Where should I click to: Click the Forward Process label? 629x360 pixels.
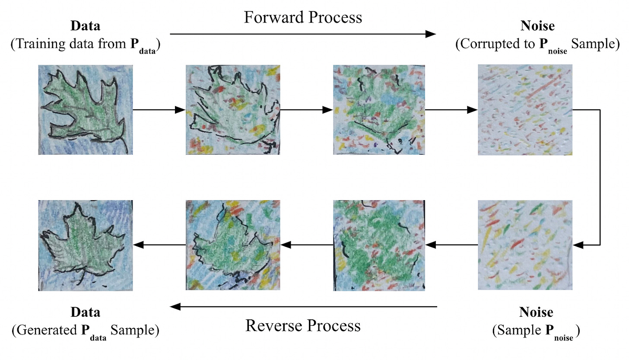click(x=302, y=17)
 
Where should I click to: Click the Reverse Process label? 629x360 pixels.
click(x=303, y=325)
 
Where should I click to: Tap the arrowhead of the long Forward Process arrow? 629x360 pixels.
click(x=431, y=34)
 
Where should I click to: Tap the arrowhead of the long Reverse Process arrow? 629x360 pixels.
click(x=175, y=307)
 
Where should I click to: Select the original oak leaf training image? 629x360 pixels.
click(x=86, y=110)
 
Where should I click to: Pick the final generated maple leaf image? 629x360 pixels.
click(x=86, y=245)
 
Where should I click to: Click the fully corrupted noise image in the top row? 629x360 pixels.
click(x=525, y=110)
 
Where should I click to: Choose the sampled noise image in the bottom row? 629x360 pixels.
click(x=525, y=245)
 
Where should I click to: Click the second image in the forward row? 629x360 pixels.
click(x=232, y=110)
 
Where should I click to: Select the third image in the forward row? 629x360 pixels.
click(x=379, y=110)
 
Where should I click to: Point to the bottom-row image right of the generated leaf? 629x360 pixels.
click(x=232, y=245)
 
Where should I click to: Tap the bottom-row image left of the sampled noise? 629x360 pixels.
click(x=379, y=245)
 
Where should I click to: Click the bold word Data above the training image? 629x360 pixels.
click(x=86, y=26)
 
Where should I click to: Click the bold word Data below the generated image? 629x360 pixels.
click(x=86, y=312)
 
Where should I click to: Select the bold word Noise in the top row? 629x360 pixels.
click(x=537, y=26)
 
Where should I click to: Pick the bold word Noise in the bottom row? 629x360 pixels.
click(x=536, y=312)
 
